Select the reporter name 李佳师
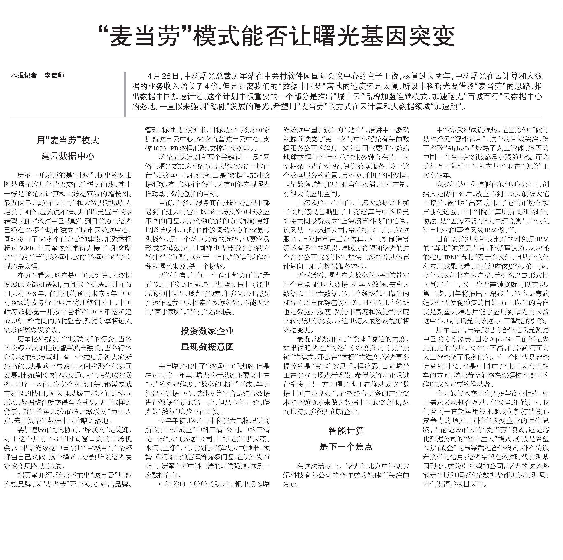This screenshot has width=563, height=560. click(54, 75)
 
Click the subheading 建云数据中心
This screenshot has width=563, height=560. click(68, 156)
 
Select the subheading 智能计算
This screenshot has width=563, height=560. click(346, 431)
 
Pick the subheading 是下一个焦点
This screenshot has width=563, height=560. click(346, 447)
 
